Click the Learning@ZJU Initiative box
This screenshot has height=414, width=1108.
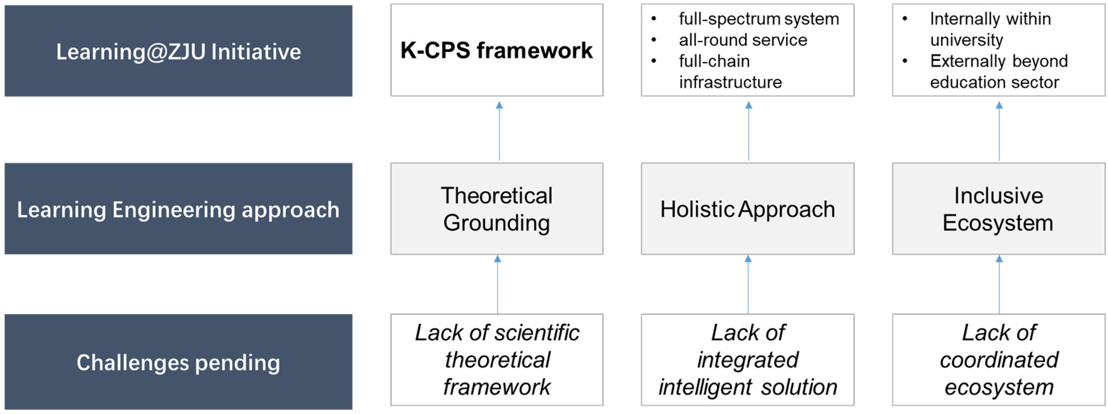pos(179,51)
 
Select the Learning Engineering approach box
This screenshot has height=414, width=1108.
pos(179,208)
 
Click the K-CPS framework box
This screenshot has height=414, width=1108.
pos(497,50)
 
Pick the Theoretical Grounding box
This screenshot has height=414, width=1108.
pos(497,208)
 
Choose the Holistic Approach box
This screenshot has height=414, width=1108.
pos(748,208)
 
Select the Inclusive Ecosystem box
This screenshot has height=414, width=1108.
pos(998,208)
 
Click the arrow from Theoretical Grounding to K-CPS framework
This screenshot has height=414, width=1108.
pos(499,131)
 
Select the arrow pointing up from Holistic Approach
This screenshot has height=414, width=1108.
pos(748,131)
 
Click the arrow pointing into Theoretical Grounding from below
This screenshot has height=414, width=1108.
pos(498,285)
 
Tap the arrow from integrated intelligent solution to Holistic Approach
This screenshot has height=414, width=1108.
pos(748,285)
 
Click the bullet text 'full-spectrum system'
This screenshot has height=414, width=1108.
pos(759,19)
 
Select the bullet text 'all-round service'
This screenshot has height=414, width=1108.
pos(743,40)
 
